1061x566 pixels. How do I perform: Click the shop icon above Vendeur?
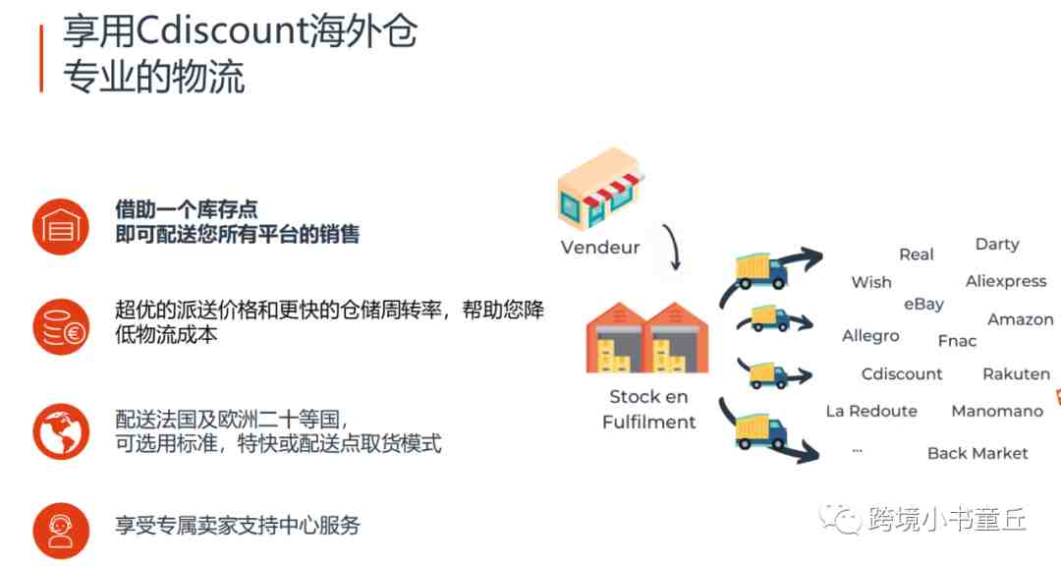click(x=599, y=189)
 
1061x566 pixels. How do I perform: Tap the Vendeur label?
click(x=599, y=247)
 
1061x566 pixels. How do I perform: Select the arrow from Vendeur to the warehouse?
click(x=673, y=247)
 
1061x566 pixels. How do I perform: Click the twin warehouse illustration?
click(x=647, y=337)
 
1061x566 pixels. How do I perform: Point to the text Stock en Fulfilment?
click(x=648, y=409)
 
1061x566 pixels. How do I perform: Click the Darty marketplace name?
click(x=997, y=245)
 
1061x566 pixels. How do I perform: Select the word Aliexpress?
click(x=1006, y=281)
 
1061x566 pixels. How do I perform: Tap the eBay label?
click(x=923, y=305)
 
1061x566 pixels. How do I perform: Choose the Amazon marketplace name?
click(x=1021, y=319)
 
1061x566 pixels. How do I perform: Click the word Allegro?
click(x=870, y=336)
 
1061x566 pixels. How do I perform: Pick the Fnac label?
click(x=957, y=341)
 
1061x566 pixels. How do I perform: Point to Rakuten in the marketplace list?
click(x=1017, y=373)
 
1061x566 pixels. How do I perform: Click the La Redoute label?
click(x=871, y=411)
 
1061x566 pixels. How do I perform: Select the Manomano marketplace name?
click(x=997, y=411)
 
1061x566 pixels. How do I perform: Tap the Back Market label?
click(x=977, y=453)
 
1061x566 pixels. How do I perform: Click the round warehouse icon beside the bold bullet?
click(x=61, y=226)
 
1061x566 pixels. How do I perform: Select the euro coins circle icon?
click(x=61, y=327)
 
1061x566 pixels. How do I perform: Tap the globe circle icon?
click(x=61, y=432)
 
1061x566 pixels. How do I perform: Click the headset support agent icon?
click(x=61, y=531)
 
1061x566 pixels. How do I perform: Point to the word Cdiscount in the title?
click(x=222, y=31)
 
